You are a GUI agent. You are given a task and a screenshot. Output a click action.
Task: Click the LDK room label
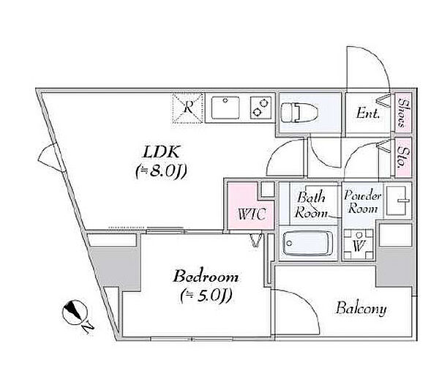point(161,153)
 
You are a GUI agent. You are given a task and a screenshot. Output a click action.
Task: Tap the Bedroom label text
point(206,277)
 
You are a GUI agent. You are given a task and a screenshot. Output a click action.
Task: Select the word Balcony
point(361,309)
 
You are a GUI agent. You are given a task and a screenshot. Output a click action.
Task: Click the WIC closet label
point(252,214)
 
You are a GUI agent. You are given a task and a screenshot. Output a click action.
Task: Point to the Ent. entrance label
point(368,113)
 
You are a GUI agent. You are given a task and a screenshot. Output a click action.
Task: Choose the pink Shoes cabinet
point(403,112)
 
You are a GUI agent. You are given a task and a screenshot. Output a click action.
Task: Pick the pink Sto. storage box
point(403,157)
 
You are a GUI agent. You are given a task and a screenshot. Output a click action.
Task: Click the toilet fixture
point(299,113)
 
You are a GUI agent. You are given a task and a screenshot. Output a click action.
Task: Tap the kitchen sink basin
point(225,108)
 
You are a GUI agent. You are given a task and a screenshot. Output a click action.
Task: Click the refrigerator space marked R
point(187,108)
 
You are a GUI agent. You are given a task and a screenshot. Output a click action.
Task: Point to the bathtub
point(307,243)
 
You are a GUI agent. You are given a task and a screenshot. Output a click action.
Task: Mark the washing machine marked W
point(359,244)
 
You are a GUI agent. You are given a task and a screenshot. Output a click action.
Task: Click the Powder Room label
point(362,202)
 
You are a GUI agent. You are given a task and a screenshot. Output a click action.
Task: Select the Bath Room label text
point(312,205)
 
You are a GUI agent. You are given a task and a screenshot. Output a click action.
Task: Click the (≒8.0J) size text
point(161,171)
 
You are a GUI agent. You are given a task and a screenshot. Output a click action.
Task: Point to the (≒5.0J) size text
point(206,296)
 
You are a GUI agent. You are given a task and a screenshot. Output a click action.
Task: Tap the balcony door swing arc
point(308,302)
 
